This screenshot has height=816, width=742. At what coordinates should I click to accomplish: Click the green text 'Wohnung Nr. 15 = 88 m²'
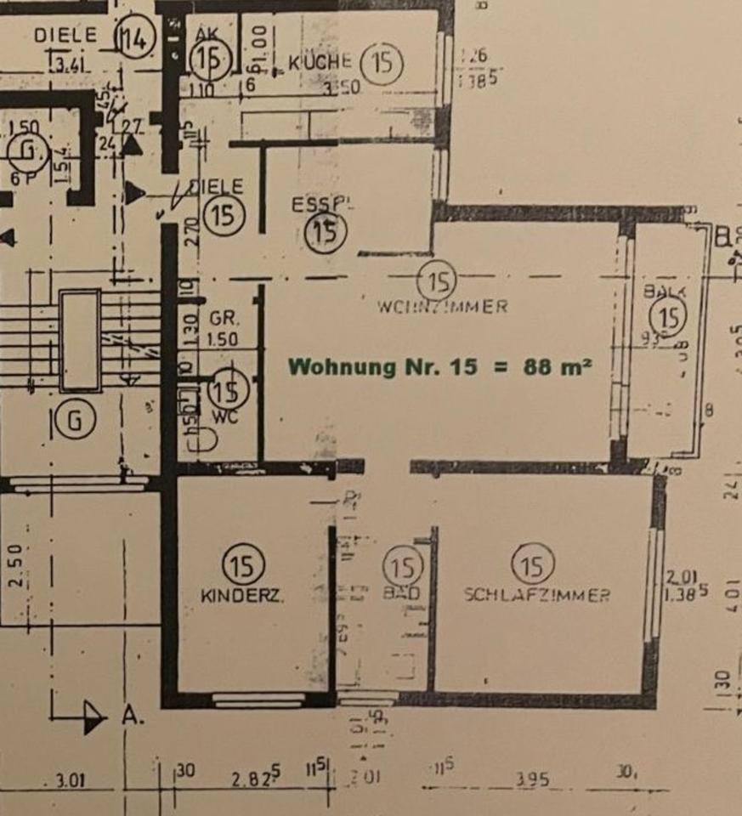[440, 367]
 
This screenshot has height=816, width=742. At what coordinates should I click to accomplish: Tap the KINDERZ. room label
[242, 597]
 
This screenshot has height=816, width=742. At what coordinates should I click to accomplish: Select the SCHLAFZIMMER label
[536, 595]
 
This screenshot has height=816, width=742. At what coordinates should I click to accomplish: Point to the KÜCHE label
[320, 62]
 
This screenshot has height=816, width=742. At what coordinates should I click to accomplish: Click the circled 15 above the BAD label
[403, 565]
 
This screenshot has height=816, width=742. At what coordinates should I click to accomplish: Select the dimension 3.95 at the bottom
[531, 779]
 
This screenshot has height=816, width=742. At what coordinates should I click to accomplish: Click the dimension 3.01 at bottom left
[70, 779]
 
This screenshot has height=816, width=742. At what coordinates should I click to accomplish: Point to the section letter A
[132, 716]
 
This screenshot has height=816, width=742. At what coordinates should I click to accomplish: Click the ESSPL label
[322, 206]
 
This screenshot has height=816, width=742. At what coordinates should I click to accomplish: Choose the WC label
[226, 417]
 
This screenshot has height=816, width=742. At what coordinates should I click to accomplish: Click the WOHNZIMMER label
[442, 307]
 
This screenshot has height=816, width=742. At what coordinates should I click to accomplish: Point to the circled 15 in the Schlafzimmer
[534, 564]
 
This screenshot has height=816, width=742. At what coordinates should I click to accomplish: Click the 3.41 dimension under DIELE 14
[71, 61]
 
